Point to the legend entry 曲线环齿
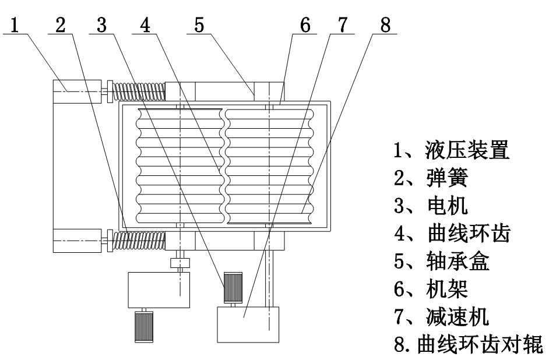pyautogui.click(x=464, y=234)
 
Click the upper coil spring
pyautogui.click(x=139, y=91)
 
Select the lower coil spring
pyautogui.click(x=139, y=239)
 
